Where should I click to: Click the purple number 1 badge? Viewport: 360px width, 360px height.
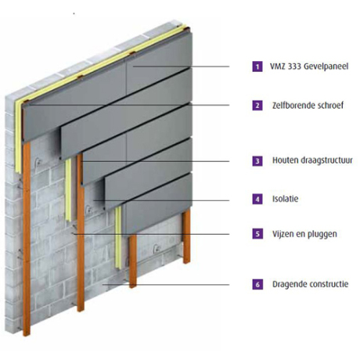(257, 67)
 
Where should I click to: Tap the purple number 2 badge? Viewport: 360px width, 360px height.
(257, 106)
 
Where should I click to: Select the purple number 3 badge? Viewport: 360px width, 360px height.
(257, 160)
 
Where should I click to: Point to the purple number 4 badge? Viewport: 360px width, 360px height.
(257, 199)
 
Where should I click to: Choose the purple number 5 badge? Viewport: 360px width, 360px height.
(257, 233)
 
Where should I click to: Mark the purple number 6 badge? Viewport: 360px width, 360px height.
(257, 284)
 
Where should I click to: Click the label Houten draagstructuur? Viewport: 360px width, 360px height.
(312, 160)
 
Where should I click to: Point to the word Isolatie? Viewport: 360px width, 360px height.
(286, 199)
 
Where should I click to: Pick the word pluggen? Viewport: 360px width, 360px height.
(322, 234)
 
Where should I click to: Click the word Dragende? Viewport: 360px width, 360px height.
(287, 284)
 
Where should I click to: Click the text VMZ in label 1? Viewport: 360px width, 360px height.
(278, 67)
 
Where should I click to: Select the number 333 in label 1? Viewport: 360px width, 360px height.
(294, 67)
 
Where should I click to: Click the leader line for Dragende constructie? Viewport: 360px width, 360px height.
(166, 285)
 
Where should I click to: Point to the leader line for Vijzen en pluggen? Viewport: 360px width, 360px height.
(151, 234)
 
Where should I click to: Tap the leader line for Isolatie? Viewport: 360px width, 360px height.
(161, 200)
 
